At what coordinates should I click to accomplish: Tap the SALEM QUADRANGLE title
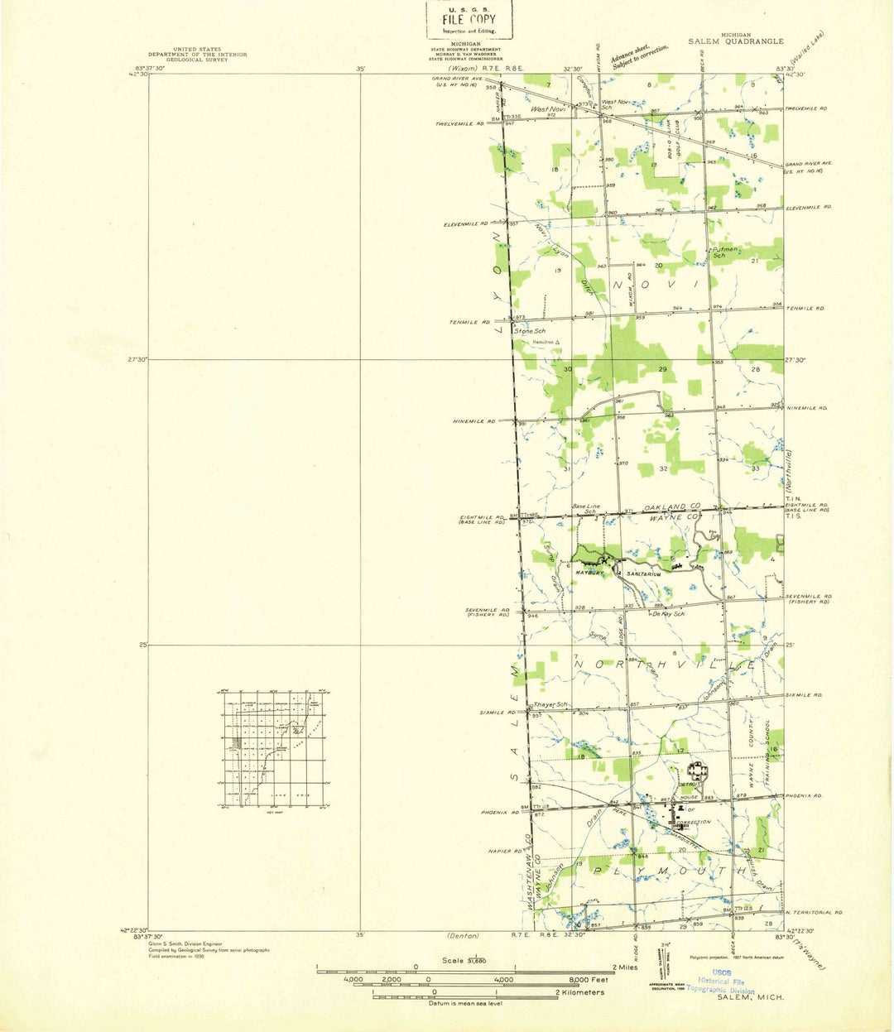coord(735,41)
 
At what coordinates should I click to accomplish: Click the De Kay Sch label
coord(667,614)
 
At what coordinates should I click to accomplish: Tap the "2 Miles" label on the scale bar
coord(625,967)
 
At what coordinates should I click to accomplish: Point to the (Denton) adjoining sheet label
coord(462,936)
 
